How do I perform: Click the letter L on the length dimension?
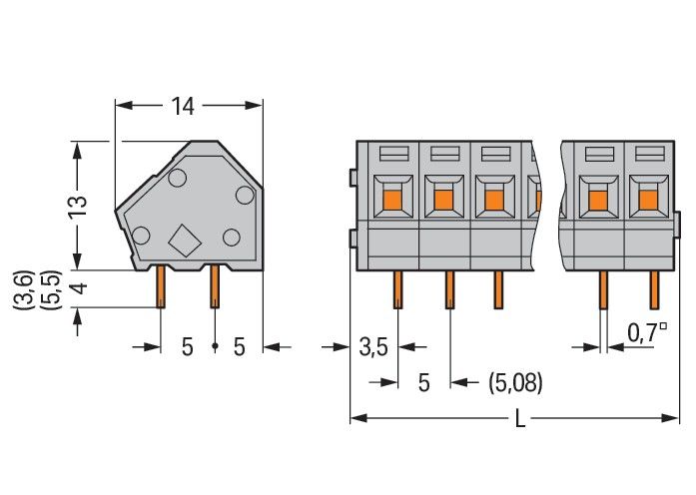point(519,419)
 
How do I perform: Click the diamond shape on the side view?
point(184,241)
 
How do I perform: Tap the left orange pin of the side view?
point(160,289)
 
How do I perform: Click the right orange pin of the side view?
point(214,289)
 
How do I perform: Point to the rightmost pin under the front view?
point(655,289)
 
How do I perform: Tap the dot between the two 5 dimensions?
point(214,347)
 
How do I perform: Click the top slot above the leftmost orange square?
point(391,154)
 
